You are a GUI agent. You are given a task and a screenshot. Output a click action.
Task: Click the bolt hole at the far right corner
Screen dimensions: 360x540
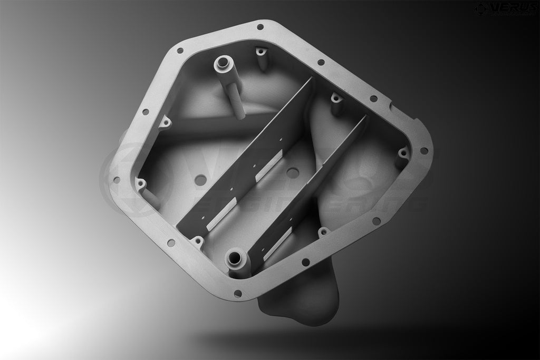coord(423,151)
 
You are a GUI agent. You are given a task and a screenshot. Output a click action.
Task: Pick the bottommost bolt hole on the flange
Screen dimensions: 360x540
coord(238,293)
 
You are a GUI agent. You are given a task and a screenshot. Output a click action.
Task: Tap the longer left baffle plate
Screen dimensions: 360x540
coord(248,158)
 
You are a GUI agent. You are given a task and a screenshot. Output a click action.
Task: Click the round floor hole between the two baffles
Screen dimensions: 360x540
coord(293,172)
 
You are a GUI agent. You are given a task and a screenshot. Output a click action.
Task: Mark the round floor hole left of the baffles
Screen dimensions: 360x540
coord(200,180)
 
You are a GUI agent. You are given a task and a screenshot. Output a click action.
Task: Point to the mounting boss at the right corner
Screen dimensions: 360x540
coord(402,153)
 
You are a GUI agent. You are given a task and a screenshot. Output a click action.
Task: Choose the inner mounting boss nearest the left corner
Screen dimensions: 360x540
coord(141,184)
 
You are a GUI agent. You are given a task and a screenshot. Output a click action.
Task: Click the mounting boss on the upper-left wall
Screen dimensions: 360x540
coord(166,123)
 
